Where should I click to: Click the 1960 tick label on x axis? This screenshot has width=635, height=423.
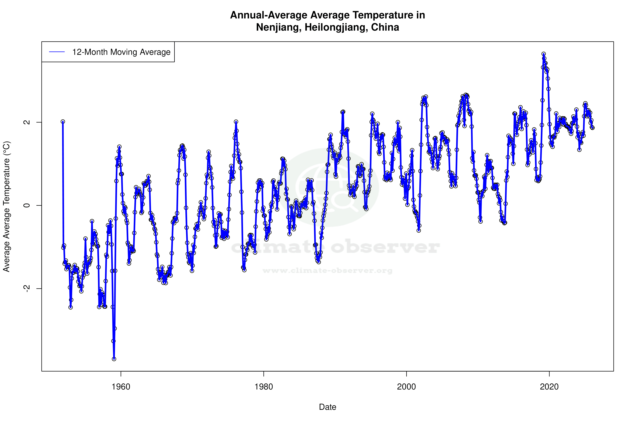pyautogui.click(x=121, y=387)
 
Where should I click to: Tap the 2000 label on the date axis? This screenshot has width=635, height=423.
pyautogui.click(x=406, y=387)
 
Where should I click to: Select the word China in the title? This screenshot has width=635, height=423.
pyautogui.click(x=385, y=27)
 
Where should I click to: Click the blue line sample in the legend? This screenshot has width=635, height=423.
pyautogui.click(x=57, y=52)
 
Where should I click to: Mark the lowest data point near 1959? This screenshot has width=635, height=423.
pyautogui.click(x=114, y=359)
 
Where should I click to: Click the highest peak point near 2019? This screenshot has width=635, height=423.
pyautogui.click(x=544, y=54)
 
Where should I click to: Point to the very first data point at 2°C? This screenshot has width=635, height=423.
pyautogui.click(x=63, y=122)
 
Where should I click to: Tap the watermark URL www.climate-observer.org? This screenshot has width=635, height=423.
pyautogui.click(x=327, y=271)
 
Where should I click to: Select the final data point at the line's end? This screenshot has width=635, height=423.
pyautogui.click(x=592, y=128)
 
